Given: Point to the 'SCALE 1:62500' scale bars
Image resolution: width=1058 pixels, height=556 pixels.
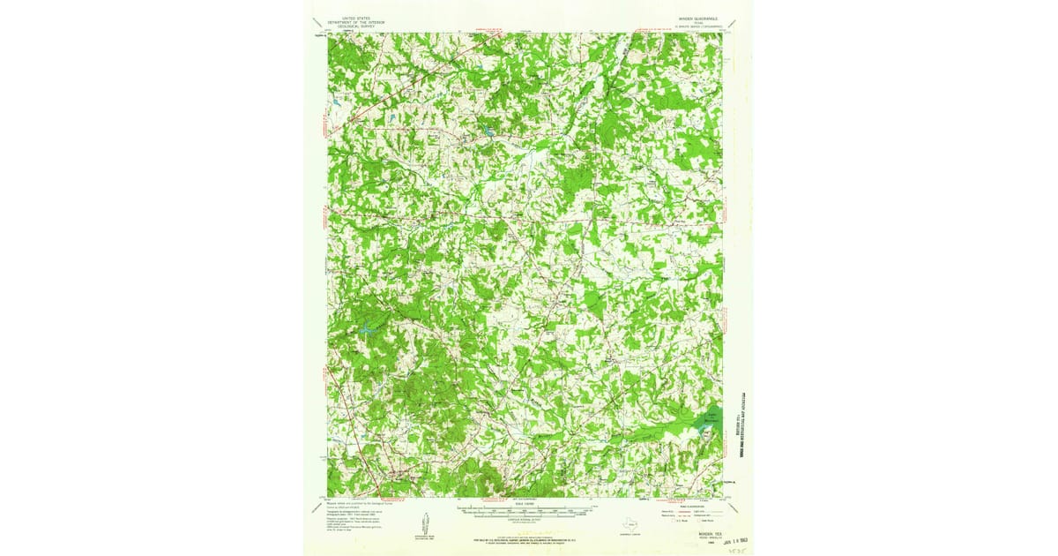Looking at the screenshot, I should [x=526, y=511].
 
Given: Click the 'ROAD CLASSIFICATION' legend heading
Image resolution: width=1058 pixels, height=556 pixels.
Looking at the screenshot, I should [x=688, y=505].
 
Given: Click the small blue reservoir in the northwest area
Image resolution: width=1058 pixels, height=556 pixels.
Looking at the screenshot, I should [x=485, y=133].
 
